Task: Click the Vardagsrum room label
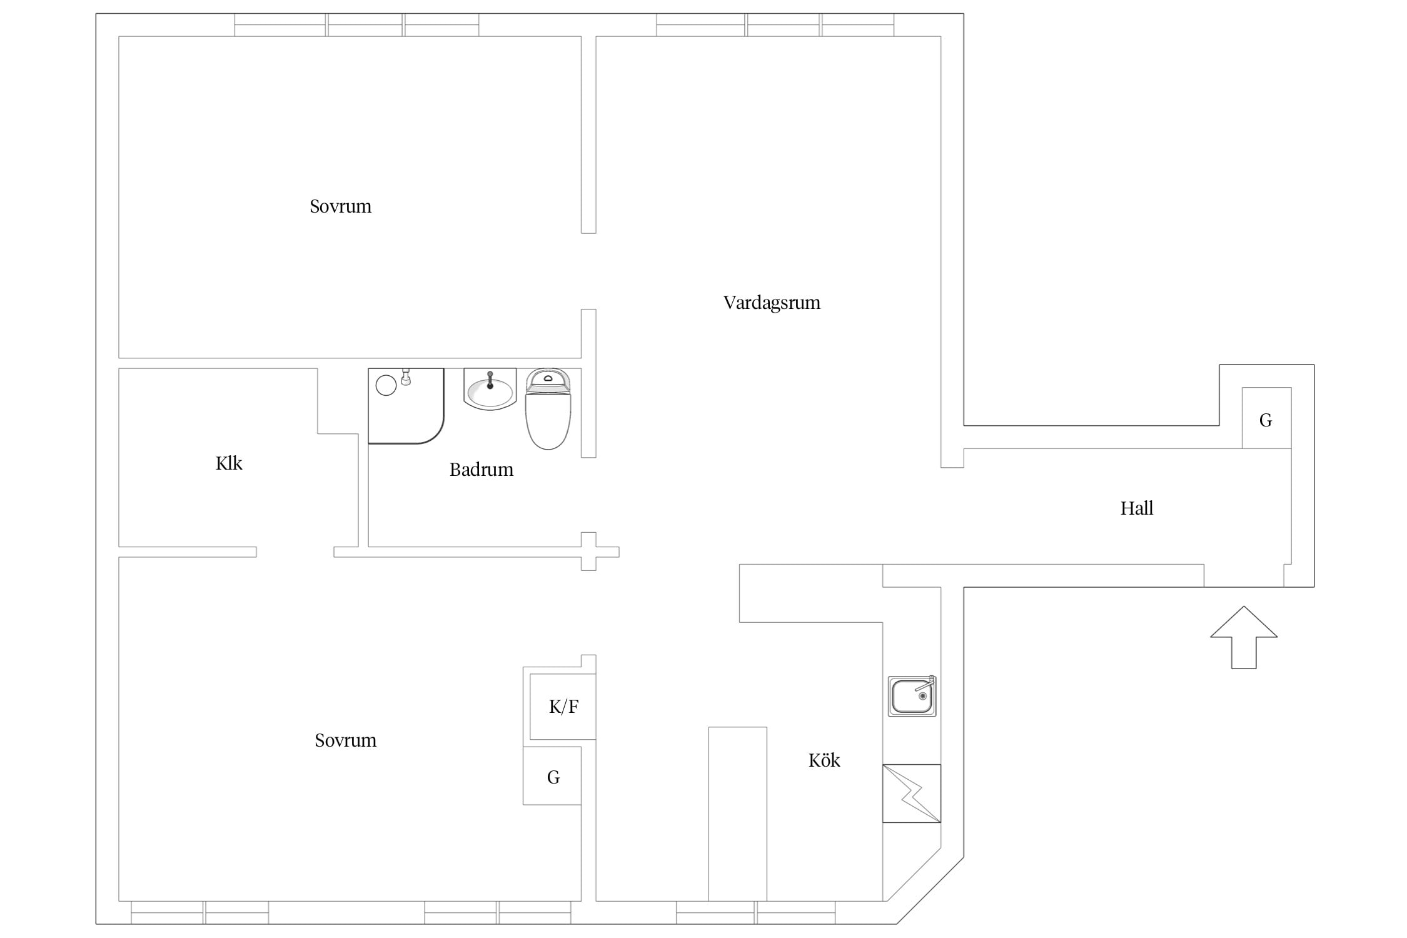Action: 772,303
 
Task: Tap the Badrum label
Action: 482,470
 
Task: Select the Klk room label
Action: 229,463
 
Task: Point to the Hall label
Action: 1136,508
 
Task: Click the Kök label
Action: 824,760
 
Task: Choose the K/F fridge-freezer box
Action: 563,707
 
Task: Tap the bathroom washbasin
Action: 490,389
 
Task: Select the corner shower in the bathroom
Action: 406,406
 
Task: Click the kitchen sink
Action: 912,696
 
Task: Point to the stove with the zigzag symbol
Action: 912,794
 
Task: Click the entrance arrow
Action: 1244,637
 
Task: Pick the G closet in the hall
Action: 1266,418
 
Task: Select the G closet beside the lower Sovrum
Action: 553,776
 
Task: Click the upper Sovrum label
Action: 340,206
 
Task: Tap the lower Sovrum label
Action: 345,740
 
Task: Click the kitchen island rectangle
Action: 738,814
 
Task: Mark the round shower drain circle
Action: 386,385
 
